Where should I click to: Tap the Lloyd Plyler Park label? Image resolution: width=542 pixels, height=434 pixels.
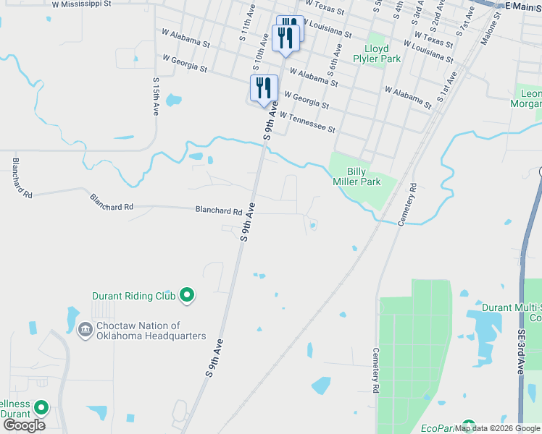click(x=381, y=54)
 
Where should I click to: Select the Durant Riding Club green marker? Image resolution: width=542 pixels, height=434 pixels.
click(x=188, y=294)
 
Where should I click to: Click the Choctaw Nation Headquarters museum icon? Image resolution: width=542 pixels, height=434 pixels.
click(x=85, y=330)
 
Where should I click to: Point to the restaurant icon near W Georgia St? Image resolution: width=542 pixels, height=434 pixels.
click(x=264, y=88)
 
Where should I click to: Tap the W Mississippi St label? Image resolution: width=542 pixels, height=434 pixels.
click(x=81, y=4)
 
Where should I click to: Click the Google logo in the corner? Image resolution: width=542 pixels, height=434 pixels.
click(x=24, y=425)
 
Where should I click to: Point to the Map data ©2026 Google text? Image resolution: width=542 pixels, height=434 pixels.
click(x=497, y=428)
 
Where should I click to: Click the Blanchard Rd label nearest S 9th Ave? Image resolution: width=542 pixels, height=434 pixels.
click(x=218, y=210)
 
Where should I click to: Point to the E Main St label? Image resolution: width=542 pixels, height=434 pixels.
click(x=523, y=6)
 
